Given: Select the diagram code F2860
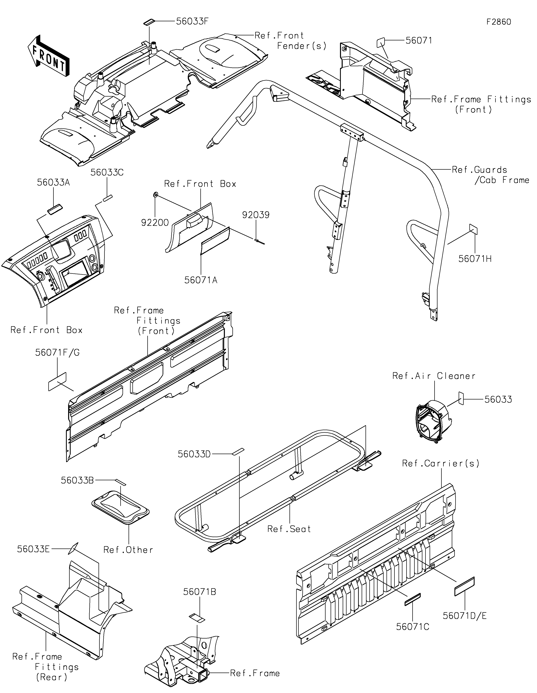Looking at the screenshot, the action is (x=499, y=22).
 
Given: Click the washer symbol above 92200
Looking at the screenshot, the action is (x=155, y=194).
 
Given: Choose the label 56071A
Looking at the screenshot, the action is (x=201, y=280).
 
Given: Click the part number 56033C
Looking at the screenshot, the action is (x=107, y=172).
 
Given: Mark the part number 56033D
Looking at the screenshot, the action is (x=194, y=454).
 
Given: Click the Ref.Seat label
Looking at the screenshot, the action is (x=289, y=529).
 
